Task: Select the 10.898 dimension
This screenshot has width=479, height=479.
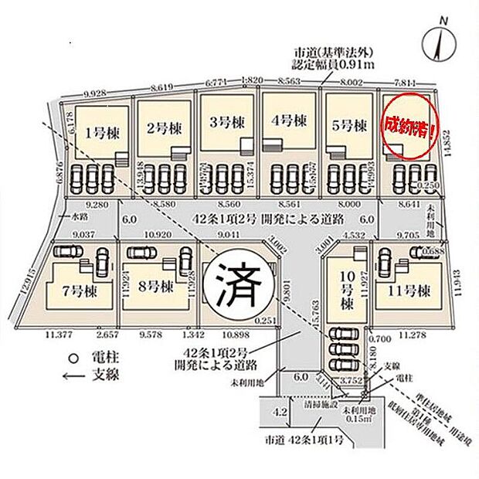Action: coord(235,335)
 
